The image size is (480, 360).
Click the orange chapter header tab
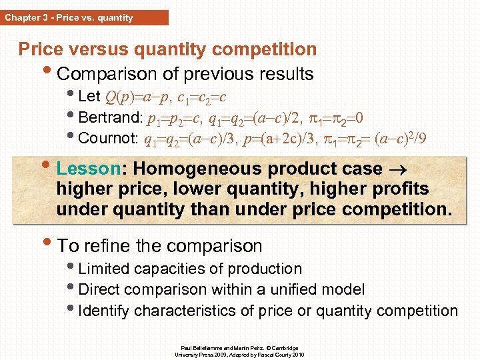click(84, 18)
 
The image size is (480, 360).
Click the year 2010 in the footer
click(297, 355)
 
